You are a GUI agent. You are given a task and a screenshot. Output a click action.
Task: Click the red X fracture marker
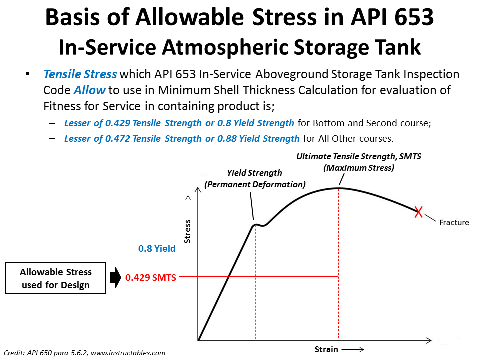(419, 212)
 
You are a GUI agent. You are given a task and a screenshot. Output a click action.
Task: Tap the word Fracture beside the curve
(454, 222)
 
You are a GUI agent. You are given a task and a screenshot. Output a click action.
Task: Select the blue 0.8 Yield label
(157, 248)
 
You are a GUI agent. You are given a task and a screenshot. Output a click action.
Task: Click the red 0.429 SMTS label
(151, 278)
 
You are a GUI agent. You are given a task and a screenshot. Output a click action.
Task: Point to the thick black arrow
(115, 278)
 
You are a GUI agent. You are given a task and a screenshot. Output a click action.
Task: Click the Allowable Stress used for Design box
(56, 278)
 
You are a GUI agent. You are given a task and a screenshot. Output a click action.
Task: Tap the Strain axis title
(326, 349)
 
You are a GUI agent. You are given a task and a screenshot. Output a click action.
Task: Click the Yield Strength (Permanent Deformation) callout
(255, 178)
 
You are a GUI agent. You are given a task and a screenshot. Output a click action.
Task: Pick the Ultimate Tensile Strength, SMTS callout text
(358, 162)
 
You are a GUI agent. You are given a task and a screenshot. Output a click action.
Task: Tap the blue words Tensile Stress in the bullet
(80, 74)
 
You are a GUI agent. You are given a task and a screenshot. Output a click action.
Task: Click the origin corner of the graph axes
(199, 341)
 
